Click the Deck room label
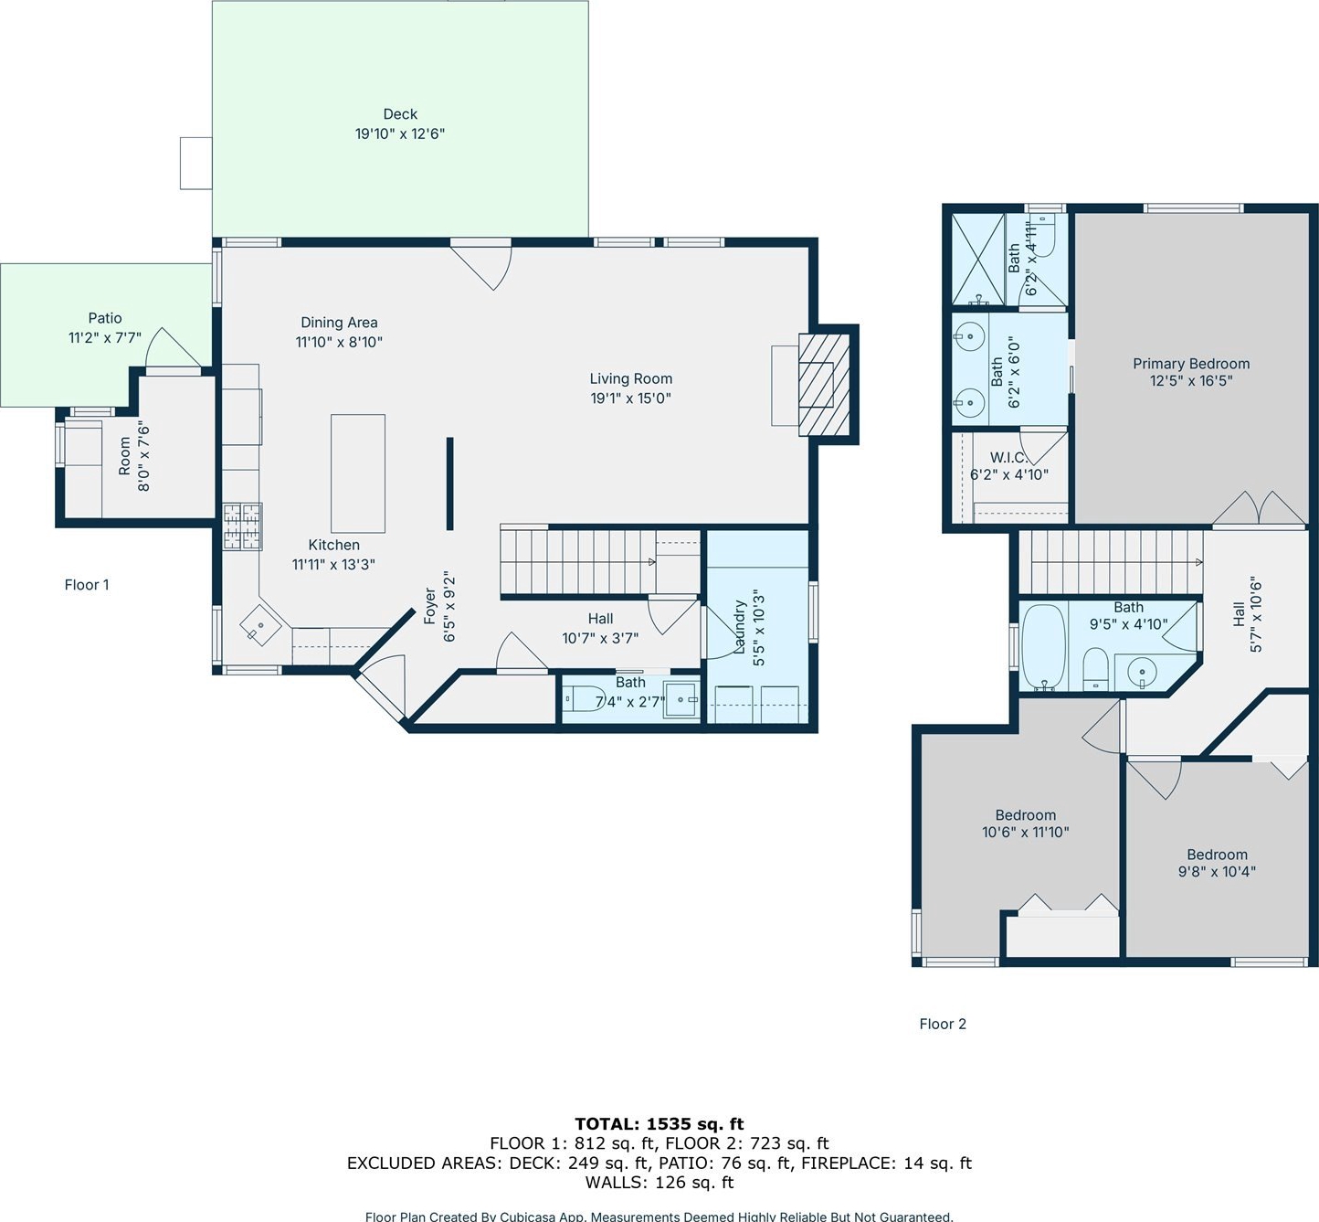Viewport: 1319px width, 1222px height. pyautogui.click(x=400, y=114)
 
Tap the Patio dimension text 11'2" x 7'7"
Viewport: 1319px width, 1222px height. pyautogui.click(x=105, y=338)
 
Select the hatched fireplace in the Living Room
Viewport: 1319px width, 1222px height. pyautogui.click(x=824, y=385)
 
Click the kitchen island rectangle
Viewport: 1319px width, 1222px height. pyautogui.click(x=358, y=473)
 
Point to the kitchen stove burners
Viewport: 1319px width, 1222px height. pyautogui.click(x=242, y=526)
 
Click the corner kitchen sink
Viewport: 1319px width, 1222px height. pyautogui.click(x=261, y=624)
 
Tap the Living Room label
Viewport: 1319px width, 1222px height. pyautogui.click(x=631, y=379)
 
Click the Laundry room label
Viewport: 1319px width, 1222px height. pyautogui.click(x=740, y=627)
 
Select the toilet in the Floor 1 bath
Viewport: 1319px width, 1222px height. pyautogui.click(x=585, y=699)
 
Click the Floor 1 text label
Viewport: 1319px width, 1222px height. pyautogui.click(x=87, y=585)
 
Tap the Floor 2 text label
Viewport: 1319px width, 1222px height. pyautogui.click(x=943, y=1024)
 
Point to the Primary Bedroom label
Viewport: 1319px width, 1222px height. pyautogui.click(x=1191, y=364)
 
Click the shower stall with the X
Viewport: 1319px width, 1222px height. pyautogui.click(x=977, y=260)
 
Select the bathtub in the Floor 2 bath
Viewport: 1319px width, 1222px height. pyautogui.click(x=1043, y=646)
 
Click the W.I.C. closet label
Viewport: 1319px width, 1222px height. pyautogui.click(x=1008, y=457)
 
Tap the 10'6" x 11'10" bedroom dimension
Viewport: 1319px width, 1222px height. pyautogui.click(x=1026, y=832)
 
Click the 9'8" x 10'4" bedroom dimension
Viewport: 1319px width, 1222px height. pyautogui.click(x=1217, y=871)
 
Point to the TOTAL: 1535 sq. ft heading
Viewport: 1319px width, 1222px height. pyautogui.click(x=659, y=1123)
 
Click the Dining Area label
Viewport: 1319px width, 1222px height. pyautogui.click(x=339, y=323)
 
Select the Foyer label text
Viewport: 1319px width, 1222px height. pyautogui.click(x=430, y=606)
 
